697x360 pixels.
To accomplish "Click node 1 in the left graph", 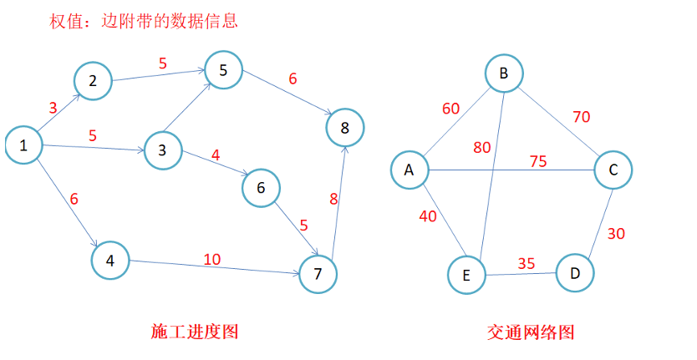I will click(x=24, y=145).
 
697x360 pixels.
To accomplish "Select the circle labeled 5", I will click(x=222, y=70).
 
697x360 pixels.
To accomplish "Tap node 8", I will click(x=345, y=128).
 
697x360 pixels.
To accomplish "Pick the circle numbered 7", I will click(x=318, y=273).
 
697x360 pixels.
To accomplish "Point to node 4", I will click(x=110, y=260).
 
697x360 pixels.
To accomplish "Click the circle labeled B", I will click(x=504, y=74).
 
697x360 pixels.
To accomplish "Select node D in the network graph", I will click(x=575, y=272).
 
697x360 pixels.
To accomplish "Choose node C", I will click(x=613, y=170).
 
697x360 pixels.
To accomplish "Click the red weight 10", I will click(x=212, y=259).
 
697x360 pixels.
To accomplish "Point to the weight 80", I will click(x=482, y=148).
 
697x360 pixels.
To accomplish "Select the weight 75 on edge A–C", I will click(x=538, y=161).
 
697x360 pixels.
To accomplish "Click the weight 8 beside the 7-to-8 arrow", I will click(x=333, y=199).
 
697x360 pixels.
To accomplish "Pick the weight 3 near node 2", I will click(x=53, y=108).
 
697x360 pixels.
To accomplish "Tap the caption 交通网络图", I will click(x=531, y=332).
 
